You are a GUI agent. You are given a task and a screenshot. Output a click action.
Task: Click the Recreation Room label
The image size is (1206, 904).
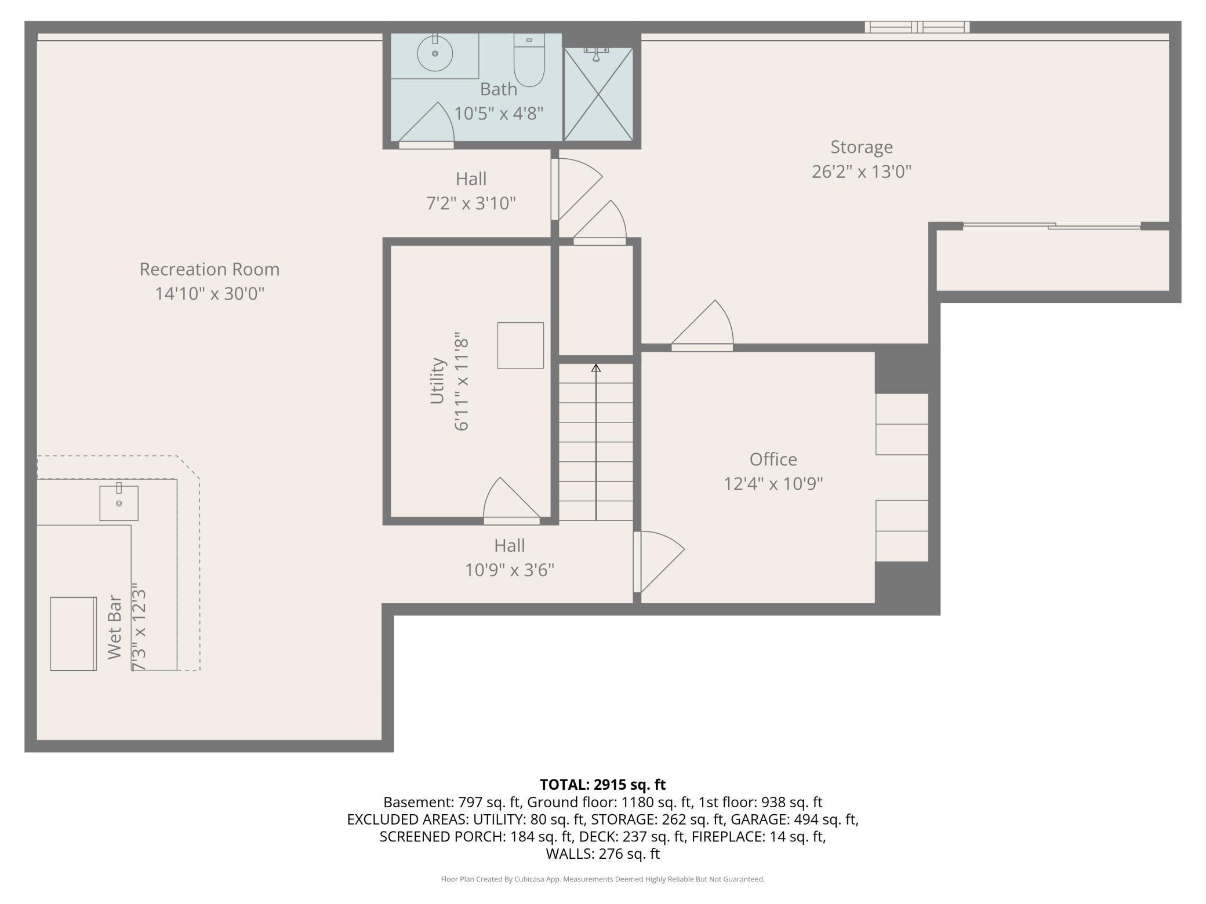209,269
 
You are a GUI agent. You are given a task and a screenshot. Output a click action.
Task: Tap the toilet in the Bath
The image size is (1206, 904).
529,60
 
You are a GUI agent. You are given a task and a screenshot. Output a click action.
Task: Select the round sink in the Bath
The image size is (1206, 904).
435,53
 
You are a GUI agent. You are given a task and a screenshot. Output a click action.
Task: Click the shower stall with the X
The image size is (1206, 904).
598,94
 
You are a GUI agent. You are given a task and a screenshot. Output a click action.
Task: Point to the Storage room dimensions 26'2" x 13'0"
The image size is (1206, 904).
862,172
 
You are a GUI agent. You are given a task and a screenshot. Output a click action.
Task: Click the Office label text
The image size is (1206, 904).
773,460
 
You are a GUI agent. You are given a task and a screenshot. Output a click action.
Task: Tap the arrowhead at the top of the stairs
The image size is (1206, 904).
596,368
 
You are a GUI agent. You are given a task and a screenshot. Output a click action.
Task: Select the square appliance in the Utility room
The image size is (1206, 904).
521,345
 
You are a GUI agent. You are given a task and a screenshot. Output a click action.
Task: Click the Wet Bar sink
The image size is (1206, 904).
119,503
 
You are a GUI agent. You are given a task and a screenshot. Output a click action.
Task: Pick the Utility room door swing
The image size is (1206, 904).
511,498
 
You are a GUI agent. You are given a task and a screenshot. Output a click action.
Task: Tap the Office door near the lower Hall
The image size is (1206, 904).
659,562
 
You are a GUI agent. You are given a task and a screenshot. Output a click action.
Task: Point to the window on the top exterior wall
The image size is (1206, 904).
917,27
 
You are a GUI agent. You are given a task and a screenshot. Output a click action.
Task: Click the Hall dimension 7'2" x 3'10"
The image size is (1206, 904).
471,203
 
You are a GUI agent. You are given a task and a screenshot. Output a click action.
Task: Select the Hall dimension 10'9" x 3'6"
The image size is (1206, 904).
510,570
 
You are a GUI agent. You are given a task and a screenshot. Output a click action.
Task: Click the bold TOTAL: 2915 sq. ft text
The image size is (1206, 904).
603,785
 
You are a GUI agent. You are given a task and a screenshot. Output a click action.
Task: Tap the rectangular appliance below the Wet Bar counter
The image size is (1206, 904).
74,634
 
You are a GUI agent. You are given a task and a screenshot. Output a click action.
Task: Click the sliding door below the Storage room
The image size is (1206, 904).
1052,226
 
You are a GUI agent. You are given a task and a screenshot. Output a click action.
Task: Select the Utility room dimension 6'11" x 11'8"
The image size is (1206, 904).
461,381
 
